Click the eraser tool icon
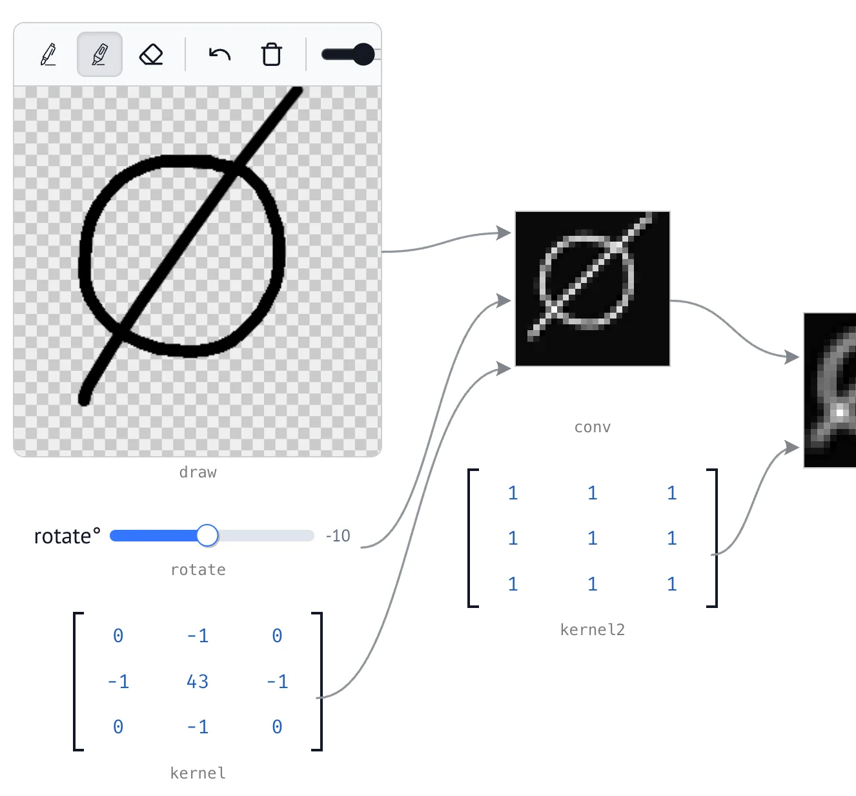coord(151,55)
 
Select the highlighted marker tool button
coord(99,54)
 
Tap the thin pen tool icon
coord(48,54)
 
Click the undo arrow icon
coord(219,54)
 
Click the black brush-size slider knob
coord(364,54)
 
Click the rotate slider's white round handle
coord(207,536)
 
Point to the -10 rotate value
coord(338,536)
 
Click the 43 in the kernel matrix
coord(198,682)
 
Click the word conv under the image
coord(593,427)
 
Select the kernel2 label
coord(593,630)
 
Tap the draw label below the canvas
coord(198,472)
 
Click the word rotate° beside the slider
coord(67,536)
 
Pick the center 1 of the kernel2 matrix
coord(593,538)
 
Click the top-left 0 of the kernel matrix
coord(118,636)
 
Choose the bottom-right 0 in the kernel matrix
coord(277,727)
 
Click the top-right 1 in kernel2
coord(672,493)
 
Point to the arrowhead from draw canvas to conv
coord(504,233)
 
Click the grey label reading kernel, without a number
coord(198,773)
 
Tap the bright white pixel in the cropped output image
coord(840,413)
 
